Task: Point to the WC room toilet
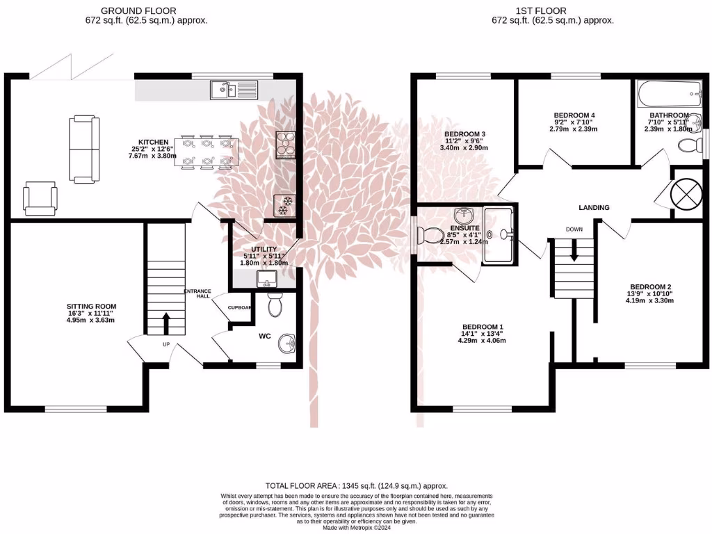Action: tap(275, 303)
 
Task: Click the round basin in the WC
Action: tap(286, 343)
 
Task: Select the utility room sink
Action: tap(266, 280)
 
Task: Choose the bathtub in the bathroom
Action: tap(667, 91)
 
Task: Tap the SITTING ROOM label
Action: tap(91, 306)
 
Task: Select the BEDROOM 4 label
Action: tap(574, 115)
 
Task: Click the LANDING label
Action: tap(594, 207)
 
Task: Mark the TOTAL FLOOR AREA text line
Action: tap(356, 485)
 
